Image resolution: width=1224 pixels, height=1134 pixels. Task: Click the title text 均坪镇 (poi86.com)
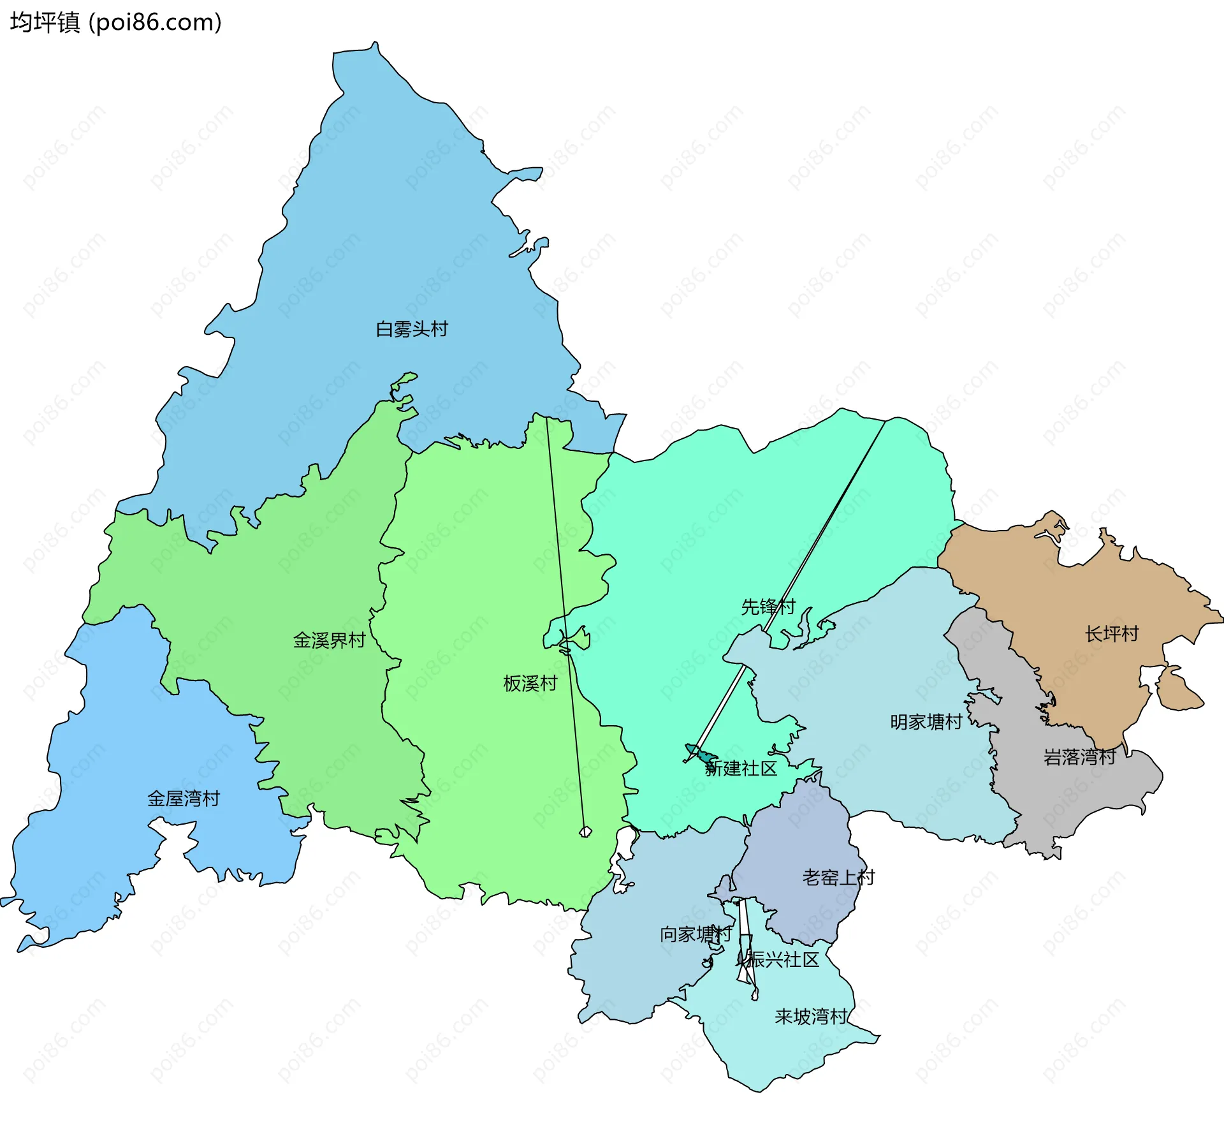[x=115, y=22]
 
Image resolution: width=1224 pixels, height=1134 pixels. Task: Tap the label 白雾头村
[x=412, y=329]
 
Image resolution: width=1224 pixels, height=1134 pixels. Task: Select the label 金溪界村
[x=329, y=640]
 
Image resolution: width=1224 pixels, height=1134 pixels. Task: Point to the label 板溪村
[x=530, y=684]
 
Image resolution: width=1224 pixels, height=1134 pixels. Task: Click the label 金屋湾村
[x=184, y=799]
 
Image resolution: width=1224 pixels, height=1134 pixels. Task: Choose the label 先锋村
[x=768, y=607]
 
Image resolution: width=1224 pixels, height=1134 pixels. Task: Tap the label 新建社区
[x=741, y=769]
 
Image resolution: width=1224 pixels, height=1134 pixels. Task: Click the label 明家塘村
[x=926, y=723]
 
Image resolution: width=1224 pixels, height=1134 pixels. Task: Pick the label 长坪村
[x=1112, y=634]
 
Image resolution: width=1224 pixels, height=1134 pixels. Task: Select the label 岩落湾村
[x=1079, y=758]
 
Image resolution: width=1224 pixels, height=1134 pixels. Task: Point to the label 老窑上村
[x=838, y=878]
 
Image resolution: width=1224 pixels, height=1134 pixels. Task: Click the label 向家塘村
[x=696, y=934]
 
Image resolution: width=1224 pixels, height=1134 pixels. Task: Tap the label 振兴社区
[x=783, y=960]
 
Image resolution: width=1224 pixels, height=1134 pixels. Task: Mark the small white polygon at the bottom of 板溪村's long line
[x=585, y=832]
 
